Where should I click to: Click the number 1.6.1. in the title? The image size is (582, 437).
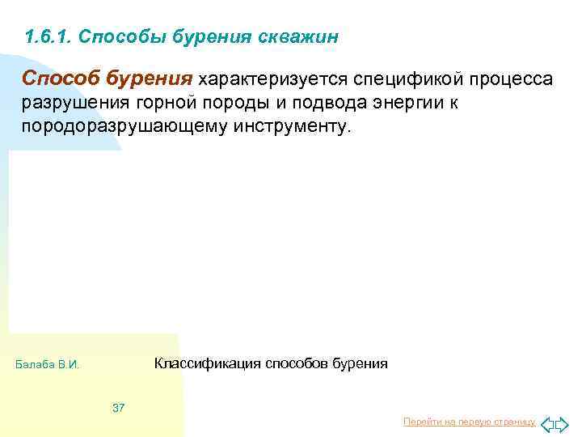coord(48,37)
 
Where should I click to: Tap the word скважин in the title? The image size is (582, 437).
coord(302,37)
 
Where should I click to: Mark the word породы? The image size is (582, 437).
coord(251,104)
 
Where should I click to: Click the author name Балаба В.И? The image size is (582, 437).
coord(48,365)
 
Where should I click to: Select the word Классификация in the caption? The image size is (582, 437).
coord(205,363)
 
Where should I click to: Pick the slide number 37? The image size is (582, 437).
coord(118,407)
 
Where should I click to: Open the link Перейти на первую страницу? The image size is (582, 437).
coord(469,422)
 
